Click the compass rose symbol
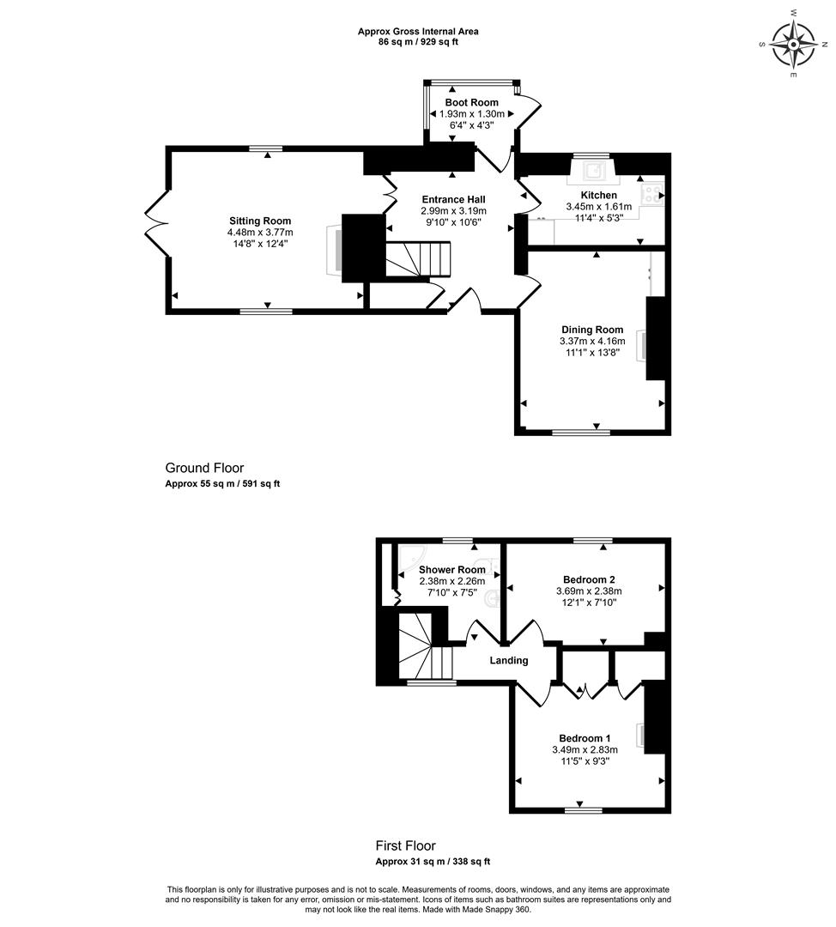[x=793, y=45]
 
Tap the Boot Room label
[x=471, y=102]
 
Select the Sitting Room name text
[x=260, y=221]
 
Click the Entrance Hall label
[x=453, y=200]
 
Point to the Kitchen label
[x=599, y=195]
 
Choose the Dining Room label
[x=592, y=330]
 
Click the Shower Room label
[x=451, y=570]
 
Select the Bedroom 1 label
[x=585, y=738]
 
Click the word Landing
[x=508, y=660]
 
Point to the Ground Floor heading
[x=204, y=469]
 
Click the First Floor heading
[x=406, y=846]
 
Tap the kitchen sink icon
[x=593, y=171]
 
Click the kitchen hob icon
[x=652, y=195]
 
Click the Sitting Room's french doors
[x=157, y=223]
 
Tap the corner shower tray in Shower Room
[x=411, y=558]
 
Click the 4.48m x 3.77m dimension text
[x=260, y=233]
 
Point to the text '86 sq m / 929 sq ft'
[x=418, y=42]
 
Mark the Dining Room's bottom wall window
[x=581, y=433]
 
